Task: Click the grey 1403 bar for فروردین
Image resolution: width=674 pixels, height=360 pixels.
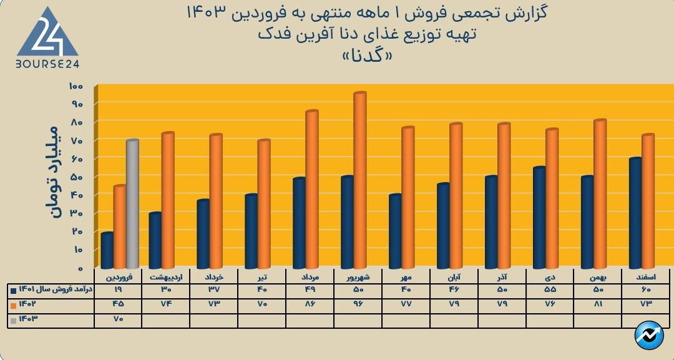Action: click(132, 204)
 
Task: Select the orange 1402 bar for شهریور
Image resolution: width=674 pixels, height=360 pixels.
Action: click(359, 181)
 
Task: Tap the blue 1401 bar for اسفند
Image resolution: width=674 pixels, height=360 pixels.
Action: click(635, 213)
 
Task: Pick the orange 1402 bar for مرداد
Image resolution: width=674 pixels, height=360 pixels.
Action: click(311, 190)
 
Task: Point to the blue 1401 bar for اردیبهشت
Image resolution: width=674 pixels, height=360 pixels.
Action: click(155, 240)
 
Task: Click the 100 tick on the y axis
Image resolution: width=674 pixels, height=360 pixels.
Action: click(76, 85)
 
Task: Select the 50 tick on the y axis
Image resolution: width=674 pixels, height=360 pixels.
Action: click(76, 177)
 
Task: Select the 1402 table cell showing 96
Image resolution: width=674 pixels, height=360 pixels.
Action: click(358, 304)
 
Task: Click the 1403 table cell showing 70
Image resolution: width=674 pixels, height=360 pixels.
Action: click(119, 319)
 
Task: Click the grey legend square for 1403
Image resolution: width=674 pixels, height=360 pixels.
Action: click(13, 319)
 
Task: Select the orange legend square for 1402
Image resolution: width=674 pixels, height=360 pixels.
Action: click(13, 304)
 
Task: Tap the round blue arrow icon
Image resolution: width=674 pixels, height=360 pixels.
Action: click(649, 336)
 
